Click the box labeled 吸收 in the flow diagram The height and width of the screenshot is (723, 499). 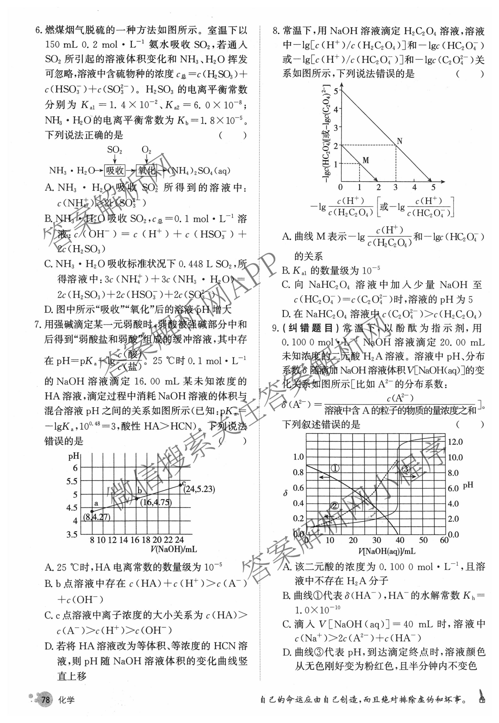[x=115, y=171]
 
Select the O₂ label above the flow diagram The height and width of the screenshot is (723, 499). [x=146, y=150]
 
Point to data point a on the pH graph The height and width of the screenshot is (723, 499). [x=92, y=511]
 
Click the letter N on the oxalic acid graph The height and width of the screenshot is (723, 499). [x=399, y=141]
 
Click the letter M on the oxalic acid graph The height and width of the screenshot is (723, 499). [x=366, y=160]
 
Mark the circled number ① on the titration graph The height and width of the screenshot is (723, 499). [x=335, y=468]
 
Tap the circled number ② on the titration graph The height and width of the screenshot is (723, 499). [x=335, y=506]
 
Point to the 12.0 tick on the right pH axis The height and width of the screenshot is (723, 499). [x=455, y=442]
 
